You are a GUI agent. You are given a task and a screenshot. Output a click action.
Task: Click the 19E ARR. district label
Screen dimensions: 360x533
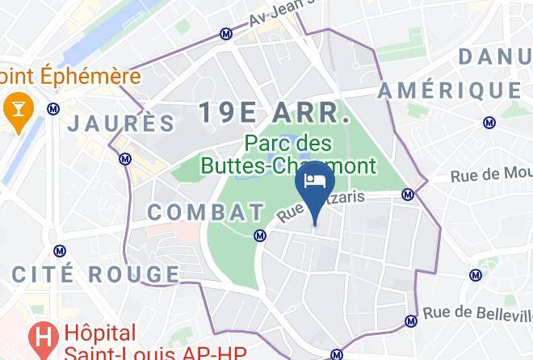275,113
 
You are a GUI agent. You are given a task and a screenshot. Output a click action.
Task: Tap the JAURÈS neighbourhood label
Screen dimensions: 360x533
121,123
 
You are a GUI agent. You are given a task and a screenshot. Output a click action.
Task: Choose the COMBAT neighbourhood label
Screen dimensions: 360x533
206,212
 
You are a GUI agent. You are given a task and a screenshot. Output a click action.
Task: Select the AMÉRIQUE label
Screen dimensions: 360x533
449,90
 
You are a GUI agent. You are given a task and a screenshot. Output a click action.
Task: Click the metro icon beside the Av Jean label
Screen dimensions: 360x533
227,34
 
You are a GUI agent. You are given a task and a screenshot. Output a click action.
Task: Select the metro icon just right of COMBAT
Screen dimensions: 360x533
260,236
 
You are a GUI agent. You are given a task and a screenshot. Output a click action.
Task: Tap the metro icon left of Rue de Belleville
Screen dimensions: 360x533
410,321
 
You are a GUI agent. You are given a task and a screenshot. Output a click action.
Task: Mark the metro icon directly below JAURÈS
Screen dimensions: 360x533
124,159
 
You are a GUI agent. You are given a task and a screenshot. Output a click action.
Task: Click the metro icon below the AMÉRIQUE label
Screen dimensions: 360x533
489,123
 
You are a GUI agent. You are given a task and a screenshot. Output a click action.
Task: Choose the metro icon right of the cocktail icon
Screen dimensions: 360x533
53,108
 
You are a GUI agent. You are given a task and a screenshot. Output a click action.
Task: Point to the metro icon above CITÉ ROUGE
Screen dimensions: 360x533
57,251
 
